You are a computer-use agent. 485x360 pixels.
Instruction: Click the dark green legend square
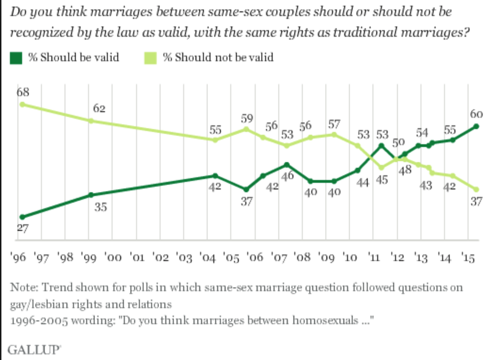(16, 58)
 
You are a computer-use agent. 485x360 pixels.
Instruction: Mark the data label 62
(99, 108)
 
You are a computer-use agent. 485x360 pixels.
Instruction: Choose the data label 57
(334, 125)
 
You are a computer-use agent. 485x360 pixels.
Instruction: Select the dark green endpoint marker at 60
(476, 126)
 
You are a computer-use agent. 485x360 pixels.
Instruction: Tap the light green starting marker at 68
(22, 104)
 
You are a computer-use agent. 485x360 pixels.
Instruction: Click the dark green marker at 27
(22, 217)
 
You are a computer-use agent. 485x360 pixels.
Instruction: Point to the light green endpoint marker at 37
(476, 188)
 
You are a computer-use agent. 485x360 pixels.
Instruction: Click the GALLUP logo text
(35, 350)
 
